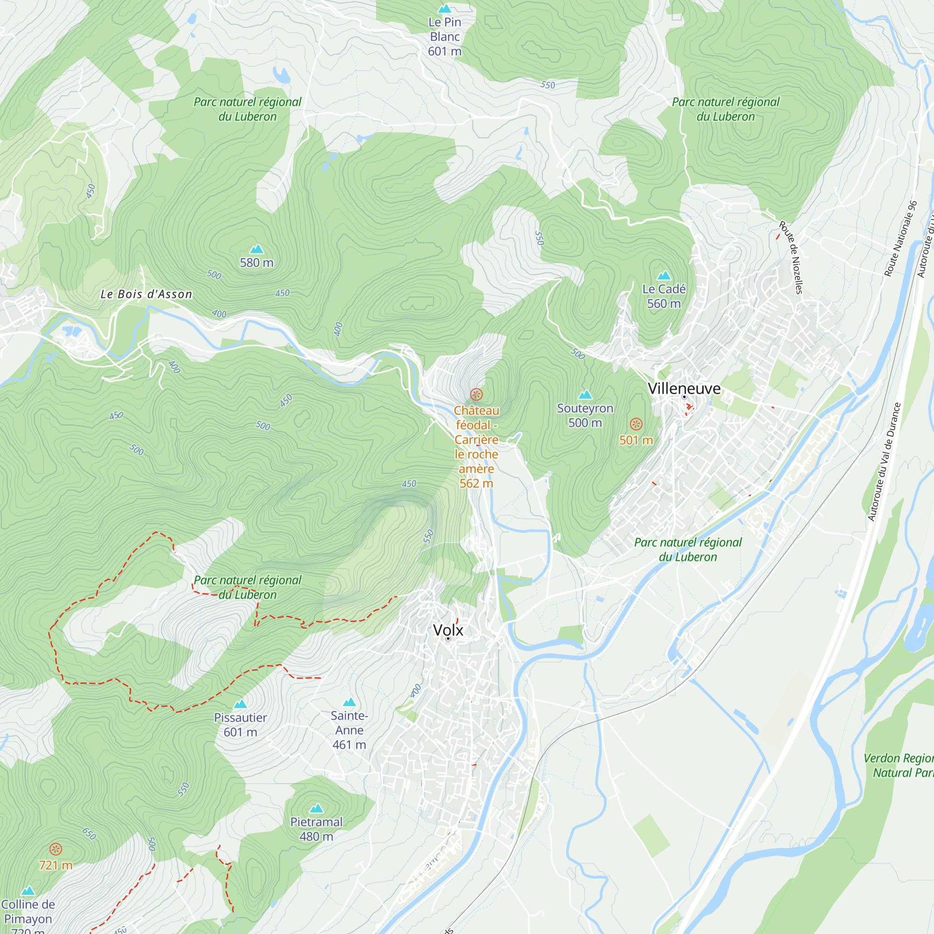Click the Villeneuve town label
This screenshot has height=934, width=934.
[684, 389]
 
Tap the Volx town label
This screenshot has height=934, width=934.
[448, 630]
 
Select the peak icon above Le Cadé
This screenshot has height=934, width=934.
[664, 276]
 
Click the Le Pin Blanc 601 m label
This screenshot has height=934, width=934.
[445, 37]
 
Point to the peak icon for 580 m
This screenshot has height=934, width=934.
[257, 249]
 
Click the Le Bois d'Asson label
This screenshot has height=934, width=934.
[146, 294]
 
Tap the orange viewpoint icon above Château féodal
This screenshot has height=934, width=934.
[476, 395]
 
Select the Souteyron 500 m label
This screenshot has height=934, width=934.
[585, 415]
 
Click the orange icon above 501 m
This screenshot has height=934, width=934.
[636, 425]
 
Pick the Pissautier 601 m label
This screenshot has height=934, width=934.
[240, 725]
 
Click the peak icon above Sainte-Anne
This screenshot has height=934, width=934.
[349, 702]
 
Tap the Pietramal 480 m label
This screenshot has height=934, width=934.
[316, 829]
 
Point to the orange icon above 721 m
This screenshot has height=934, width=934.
[56, 849]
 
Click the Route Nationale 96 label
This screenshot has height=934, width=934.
[900, 239]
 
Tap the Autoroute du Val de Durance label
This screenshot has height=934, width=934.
[884, 462]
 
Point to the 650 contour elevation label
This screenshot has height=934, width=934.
[89, 834]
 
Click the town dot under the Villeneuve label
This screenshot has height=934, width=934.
[684, 397]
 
